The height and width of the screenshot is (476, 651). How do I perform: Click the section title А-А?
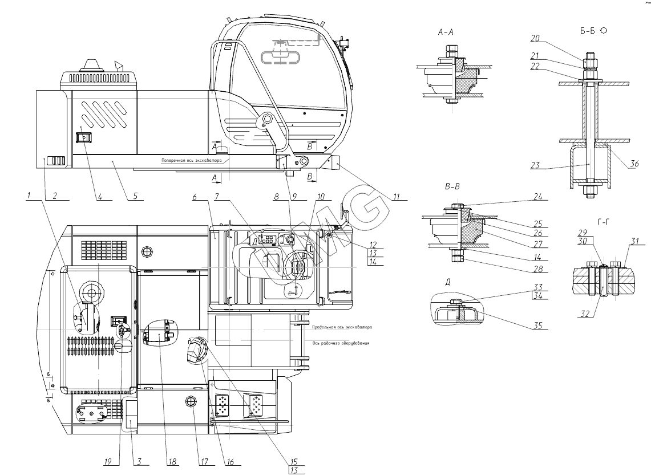click(x=447, y=34)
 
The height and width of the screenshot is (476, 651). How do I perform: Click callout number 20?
click(x=535, y=39)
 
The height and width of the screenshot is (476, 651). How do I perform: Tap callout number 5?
click(x=135, y=196)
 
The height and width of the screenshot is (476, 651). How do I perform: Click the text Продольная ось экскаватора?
click(x=342, y=328)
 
